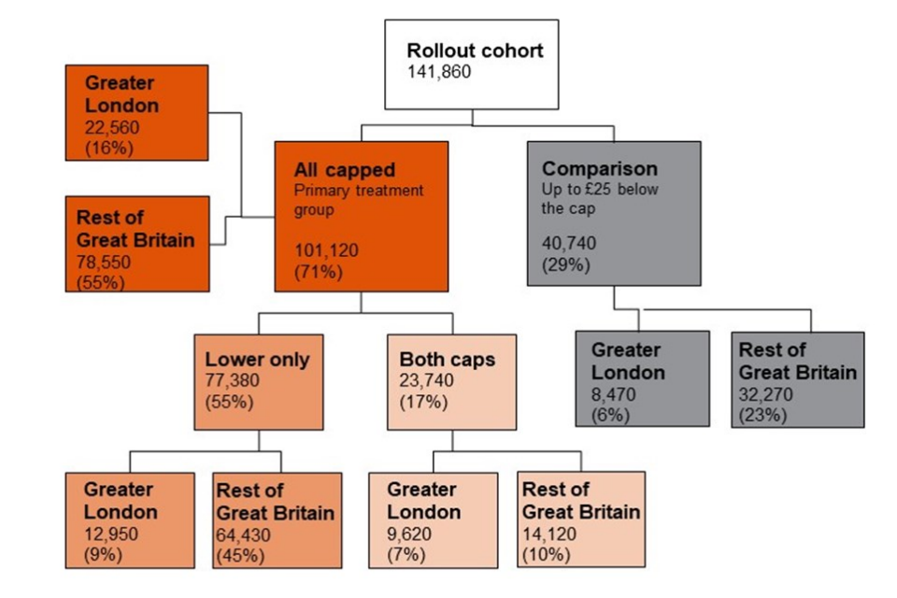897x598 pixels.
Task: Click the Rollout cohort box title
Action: (x=475, y=50)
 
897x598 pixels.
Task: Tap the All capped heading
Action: (x=345, y=170)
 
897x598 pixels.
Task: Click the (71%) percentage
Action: (x=317, y=272)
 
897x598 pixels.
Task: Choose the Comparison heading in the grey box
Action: (x=600, y=169)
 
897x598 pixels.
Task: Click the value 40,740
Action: (x=570, y=243)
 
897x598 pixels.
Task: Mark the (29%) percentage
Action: (x=565, y=264)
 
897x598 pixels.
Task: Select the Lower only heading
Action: (x=257, y=359)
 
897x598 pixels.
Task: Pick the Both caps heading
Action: (x=448, y=359)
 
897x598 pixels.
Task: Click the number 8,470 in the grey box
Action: (x=614, y=393)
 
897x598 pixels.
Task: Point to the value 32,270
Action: (x=766, y=393)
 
